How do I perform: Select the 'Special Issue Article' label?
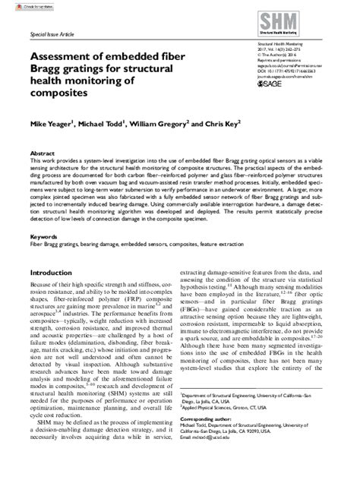[51, 36]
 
